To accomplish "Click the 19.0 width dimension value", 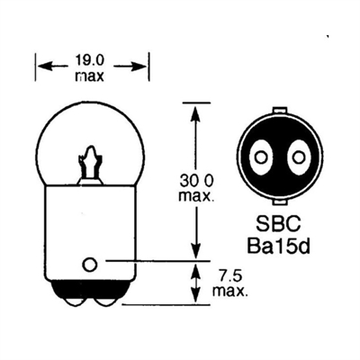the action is point(89,61).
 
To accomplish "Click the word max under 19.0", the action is point(89,76).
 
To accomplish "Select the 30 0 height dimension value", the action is point(196,181).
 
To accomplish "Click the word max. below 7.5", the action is point(230,291).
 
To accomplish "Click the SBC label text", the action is point(278,223).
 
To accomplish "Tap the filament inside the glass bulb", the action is point(89,165).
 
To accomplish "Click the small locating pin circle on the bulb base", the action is point(89,265).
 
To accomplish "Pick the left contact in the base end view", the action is point(261,157).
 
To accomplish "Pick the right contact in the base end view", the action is point(298,157).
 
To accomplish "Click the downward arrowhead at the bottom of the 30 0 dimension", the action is point(195,250).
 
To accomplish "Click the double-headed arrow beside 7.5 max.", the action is point(195,283).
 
